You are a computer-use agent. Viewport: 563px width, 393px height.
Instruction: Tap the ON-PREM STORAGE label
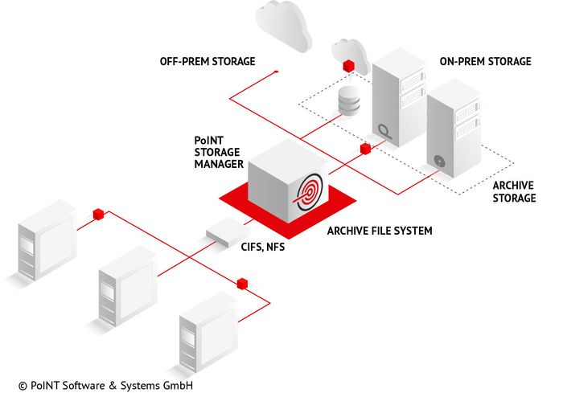click(485, 61)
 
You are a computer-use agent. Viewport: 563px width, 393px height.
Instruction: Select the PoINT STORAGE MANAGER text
click(219, 153)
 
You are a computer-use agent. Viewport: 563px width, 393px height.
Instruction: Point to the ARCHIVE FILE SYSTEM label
click(380, 231)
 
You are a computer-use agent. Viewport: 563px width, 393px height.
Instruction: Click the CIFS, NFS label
click(263, 248)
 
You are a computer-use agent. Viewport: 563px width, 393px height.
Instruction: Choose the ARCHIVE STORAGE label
click(513, 191)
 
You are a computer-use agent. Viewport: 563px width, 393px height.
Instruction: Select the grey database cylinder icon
click(348, 101)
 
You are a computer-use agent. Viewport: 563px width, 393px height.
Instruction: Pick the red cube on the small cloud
click(348, 63)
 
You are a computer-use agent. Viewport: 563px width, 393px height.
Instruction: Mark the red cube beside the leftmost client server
click(98, 214)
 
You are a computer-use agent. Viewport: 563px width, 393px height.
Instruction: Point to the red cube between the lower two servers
click(240, 283)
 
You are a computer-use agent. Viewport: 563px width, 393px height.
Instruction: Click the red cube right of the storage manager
click(365, 149)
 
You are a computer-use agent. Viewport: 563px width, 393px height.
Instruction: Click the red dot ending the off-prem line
click(276, 72)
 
